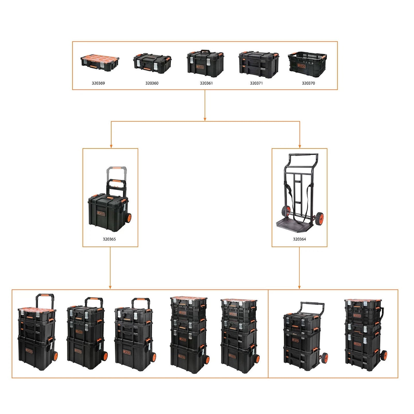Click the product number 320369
[x=98, y=83]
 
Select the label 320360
[x=152, y=83]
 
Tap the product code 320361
[x=206, y=83]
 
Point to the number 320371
[x=256, y=83]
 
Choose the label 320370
[x=308, y=83]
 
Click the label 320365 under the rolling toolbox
[x=109, y=239]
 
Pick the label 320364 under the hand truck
[x=299, y=239]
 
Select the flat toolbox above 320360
[x=152, y=63]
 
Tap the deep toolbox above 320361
[x=205, y=64]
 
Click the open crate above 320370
[x=307, y=64]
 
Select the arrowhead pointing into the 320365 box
[x=111, y=146]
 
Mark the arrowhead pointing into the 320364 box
[x=300, y=146]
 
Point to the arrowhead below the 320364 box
[x=299, y=287]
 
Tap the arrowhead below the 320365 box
[x=110, y=287]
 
